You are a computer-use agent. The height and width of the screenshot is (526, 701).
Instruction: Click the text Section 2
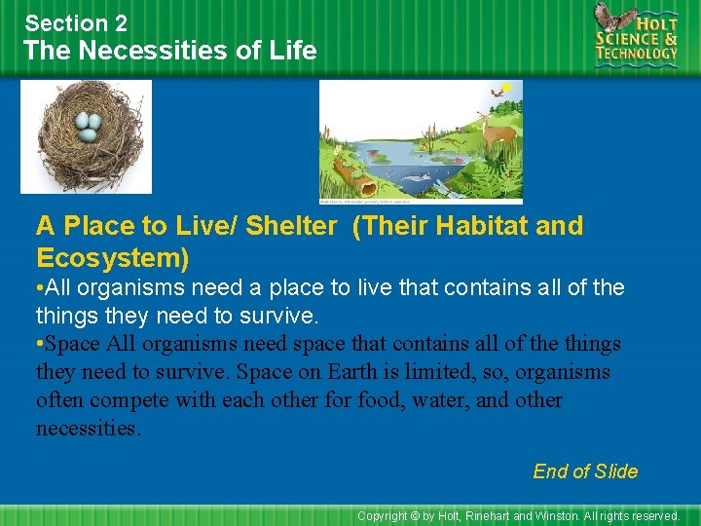pyautogui.click(x=75, y=22)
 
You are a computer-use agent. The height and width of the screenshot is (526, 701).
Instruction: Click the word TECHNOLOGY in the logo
pyautogui.click(x=638, y=54)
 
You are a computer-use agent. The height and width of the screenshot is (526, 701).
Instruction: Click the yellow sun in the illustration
pyautogui.click(x=506, y=88)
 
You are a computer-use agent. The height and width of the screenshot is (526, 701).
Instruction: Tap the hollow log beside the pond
pyautogui.click(x=352, y=179)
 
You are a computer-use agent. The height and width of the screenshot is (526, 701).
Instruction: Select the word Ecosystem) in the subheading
pyautogui.click(x=112, y=258)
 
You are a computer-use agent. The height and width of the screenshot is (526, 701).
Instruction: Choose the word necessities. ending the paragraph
pyautogui.click(x=88, y=429)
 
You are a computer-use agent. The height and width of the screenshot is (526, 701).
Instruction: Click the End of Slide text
pyautogui.click(x=585, y=471)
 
